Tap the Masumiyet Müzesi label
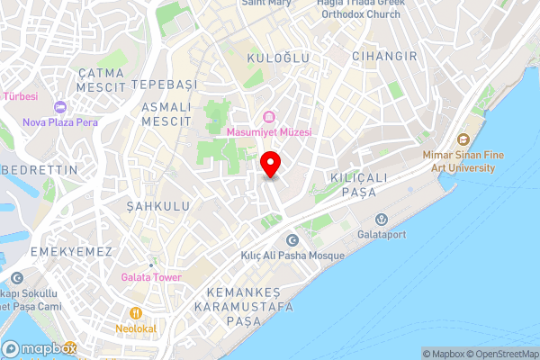tap(268, 132)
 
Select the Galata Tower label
tap(150, 277)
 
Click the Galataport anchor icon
tap(381, 219)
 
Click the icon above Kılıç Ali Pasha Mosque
tap(292, 239)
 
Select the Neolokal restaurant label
tap(137, 328)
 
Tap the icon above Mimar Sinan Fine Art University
tap(463, 139)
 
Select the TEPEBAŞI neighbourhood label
tap(163, 83)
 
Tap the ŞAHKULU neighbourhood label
tap(142, 204)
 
